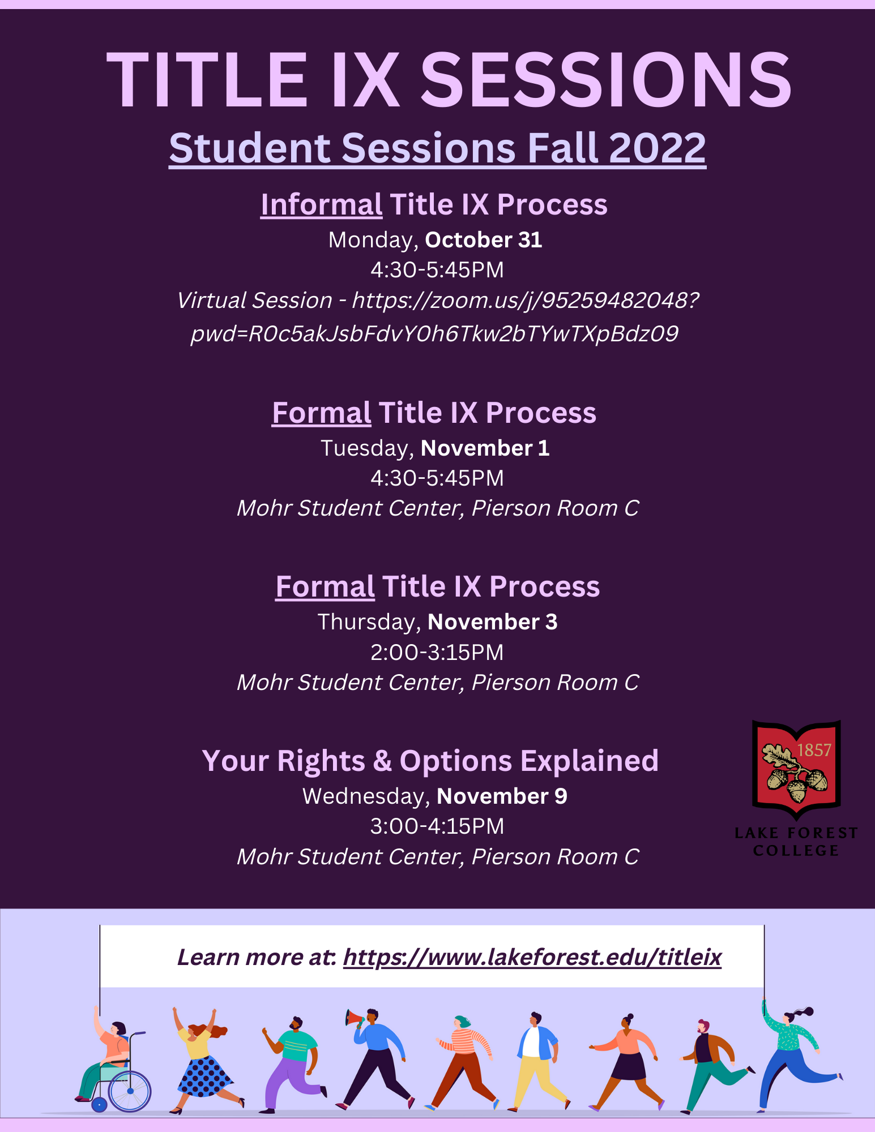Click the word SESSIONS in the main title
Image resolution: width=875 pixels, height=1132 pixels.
pyautogui.click(x=605, y=80)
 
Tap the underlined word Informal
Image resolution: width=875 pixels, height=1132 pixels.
pyautogui.click(x=321, y=204)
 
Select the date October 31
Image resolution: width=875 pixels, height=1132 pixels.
pyautogui.click(x=484, y=240)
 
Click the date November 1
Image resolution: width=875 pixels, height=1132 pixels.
pyautogui.click(x=485, y=448)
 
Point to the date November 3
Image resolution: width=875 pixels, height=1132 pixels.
pyautogui.click(x=493, y=622)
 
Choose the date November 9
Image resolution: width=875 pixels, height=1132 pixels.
pyautogui.click(x=502, y=796)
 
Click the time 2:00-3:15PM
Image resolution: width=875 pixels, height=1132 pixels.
pyautogui.click(x=437, y=653)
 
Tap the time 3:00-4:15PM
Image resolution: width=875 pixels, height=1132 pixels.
pyautogui.click(x=437, y=826)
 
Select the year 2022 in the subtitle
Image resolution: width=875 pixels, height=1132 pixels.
pyautogui.click(x=658, y=148)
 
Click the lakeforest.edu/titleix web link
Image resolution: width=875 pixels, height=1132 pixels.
pyautogui.click(x=532, y=957)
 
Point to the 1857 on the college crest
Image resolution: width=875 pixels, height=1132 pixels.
pyautogui.click(x=814, y=750)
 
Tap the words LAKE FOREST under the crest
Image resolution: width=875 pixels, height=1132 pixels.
pyautogui.click(x=796, y=833)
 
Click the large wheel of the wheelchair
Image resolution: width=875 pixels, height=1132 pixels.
pyautogui.click(x=130, y=1091)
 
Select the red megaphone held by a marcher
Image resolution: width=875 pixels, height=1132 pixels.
pyautogui.click(x=355, y=1019)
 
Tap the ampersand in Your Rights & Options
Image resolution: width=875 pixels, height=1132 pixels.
pyautogui.click(x=382, y=761)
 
